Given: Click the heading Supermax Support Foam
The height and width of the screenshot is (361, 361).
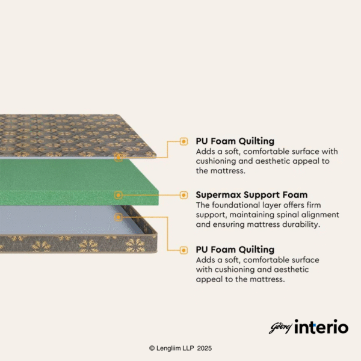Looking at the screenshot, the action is point(251,195).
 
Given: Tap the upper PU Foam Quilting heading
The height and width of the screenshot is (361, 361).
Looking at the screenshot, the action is point(235,141).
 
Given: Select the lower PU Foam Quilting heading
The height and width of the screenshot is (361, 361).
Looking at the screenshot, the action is point(235,250).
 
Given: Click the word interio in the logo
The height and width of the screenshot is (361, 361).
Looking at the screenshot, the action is point(321,327).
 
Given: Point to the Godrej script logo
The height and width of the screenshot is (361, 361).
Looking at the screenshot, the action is point(281,328).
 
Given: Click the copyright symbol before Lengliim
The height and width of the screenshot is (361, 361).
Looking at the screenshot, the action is point(152,348).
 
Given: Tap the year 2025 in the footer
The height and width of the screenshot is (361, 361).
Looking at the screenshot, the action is point(204,348).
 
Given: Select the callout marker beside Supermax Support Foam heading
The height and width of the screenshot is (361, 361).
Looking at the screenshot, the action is point(184,195).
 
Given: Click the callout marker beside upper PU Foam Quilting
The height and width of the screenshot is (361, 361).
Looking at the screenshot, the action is point(184,141).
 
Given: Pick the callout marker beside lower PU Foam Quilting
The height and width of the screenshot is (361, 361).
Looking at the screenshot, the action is point(184,250).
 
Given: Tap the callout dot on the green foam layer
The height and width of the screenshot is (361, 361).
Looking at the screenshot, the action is point(119,195).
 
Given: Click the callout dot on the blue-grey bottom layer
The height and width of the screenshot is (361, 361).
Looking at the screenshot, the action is point(119,217).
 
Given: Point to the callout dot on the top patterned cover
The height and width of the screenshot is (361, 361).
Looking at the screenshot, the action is point(119,158).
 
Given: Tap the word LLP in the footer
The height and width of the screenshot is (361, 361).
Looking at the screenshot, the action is point(188,348).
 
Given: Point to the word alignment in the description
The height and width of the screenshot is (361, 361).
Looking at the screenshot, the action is point(320,215).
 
